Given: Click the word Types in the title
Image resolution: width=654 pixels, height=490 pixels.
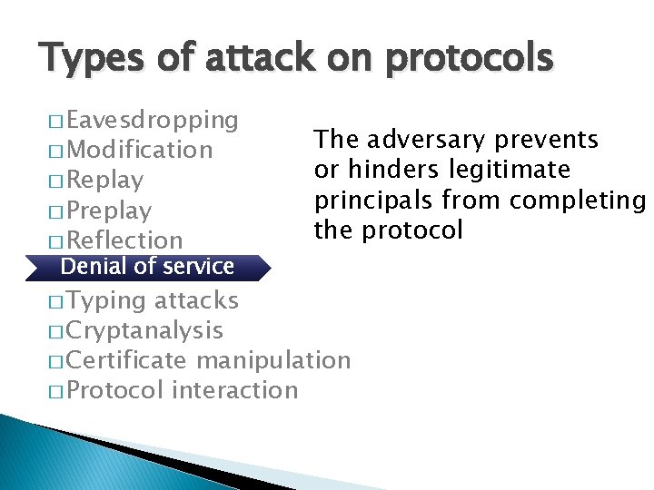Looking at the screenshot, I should coord(89,59).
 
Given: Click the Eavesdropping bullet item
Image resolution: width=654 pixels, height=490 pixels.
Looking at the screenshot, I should coord(152,120).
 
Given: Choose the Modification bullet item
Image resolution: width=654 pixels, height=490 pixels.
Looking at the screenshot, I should coord(139,150).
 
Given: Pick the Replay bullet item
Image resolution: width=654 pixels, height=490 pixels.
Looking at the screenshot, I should coord(104,180).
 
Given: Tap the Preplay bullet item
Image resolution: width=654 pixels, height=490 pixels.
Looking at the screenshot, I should coord(109,211).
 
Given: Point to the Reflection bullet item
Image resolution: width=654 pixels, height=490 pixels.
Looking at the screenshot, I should coord(124,240).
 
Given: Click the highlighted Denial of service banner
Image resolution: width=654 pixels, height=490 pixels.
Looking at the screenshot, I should coord(147,267).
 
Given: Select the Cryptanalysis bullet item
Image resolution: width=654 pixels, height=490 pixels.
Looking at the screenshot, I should coord(144,330).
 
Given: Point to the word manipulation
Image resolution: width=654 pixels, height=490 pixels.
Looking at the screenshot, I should coord(272,360).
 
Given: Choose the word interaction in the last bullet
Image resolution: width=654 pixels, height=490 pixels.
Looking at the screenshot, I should coord(233,390).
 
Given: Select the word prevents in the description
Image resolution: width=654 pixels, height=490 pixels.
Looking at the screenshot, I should coord(546,140).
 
